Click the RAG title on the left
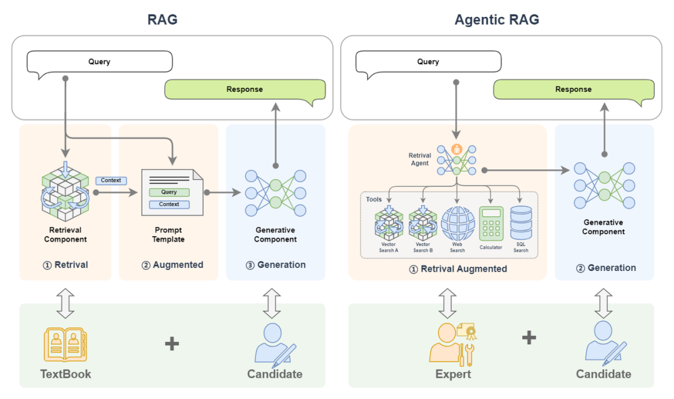click(x=162, y=19)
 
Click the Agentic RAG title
click(x=496, y=19)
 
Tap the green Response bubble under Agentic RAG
click(x=573, y=89)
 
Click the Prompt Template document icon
click(x=172, y=193)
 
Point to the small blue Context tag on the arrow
click(x=111, y=180)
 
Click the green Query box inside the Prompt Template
click(x=169, y=192)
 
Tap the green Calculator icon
click(x=491, y=224)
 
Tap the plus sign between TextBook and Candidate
click(x=172, y=343)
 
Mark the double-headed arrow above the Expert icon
click(x=447, y=303)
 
